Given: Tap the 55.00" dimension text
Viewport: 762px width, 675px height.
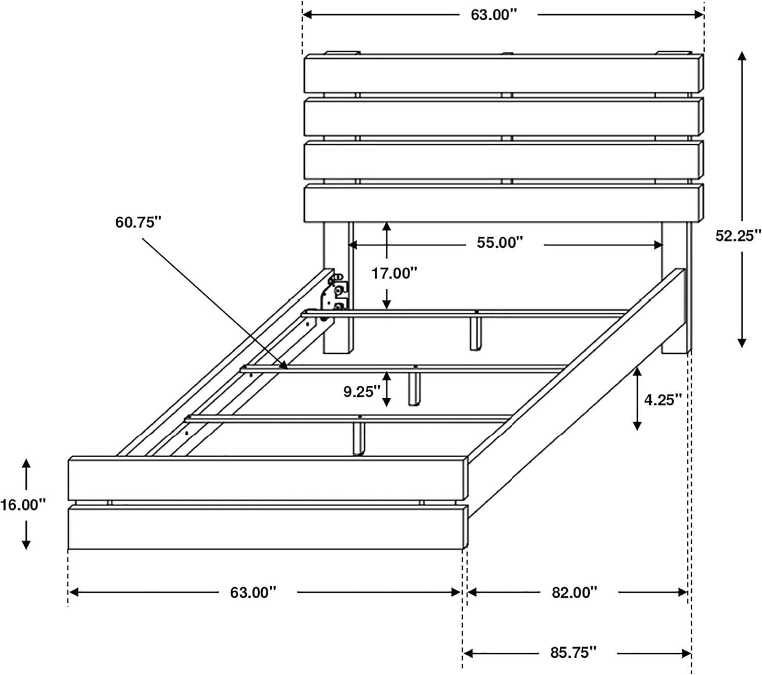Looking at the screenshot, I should (499, 243).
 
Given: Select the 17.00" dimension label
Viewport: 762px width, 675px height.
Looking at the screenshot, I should (394, 274).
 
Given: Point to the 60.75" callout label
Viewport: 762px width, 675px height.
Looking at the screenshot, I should (138, 222).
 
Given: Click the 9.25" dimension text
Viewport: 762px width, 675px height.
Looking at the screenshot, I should (362, 392).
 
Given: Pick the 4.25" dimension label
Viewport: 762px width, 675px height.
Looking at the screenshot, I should (662, 400).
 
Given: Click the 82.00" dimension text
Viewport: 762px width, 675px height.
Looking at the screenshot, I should (574, 592).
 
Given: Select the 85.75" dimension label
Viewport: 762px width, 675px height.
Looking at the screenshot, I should (573, 653).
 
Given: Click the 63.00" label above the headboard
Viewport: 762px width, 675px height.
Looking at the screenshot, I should (493, 15).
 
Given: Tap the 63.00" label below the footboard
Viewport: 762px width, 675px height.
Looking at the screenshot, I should (253, 592).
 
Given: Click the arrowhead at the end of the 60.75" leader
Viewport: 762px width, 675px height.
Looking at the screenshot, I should (285, 366).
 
